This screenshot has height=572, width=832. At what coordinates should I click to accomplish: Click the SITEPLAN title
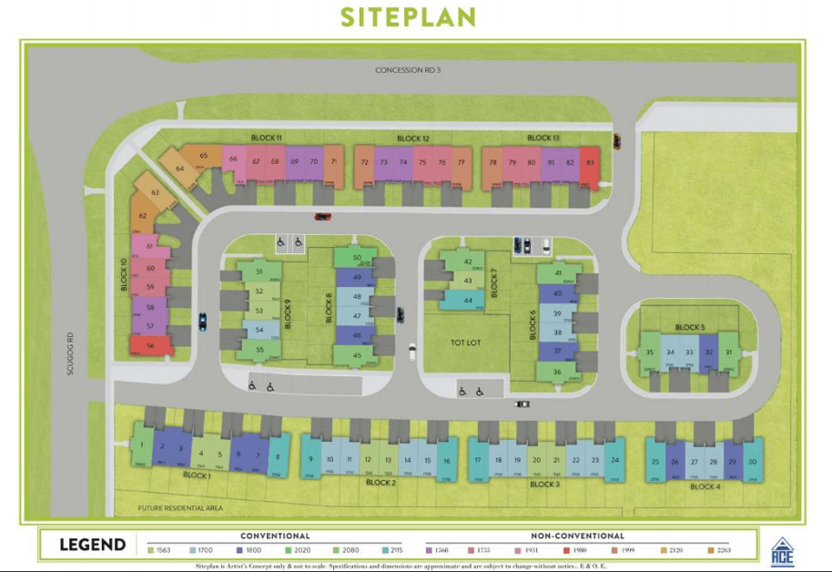(408, 16)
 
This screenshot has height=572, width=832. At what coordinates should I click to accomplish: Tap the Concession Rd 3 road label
(408, 70)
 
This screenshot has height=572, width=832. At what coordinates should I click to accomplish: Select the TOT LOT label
(465, 342)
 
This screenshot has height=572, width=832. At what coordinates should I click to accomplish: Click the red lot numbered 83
(590, 163)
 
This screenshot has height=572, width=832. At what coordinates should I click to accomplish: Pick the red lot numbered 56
(151, 346)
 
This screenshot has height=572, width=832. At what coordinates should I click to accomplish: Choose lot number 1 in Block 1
(142, 445)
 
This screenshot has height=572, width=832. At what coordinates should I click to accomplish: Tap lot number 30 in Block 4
(752, 462)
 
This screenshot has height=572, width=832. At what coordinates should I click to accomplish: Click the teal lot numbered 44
(468, 300)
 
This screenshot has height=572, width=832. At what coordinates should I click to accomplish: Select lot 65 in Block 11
(203, 156)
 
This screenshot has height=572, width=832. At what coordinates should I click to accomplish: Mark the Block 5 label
(689, 327)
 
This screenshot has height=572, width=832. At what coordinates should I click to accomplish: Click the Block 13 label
(543, 138)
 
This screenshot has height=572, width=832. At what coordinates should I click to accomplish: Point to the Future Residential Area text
(180, 508)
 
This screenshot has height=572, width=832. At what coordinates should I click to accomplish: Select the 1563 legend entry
(159, 549)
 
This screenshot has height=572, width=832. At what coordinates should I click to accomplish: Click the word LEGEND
(92, 546)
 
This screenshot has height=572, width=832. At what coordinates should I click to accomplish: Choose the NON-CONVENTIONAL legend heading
(577, 536)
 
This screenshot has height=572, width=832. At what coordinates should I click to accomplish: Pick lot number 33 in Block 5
(689, 352)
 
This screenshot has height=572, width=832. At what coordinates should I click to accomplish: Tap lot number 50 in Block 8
(357, 258)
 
